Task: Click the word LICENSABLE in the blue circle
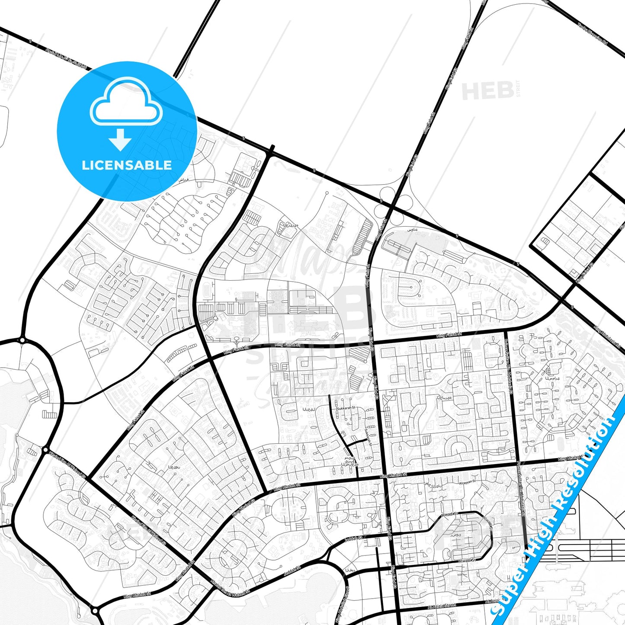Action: click(x=127, y=165)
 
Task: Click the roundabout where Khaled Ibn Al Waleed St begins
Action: click(x=46, y=450)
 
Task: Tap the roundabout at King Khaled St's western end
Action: click(x=95, y=611)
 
